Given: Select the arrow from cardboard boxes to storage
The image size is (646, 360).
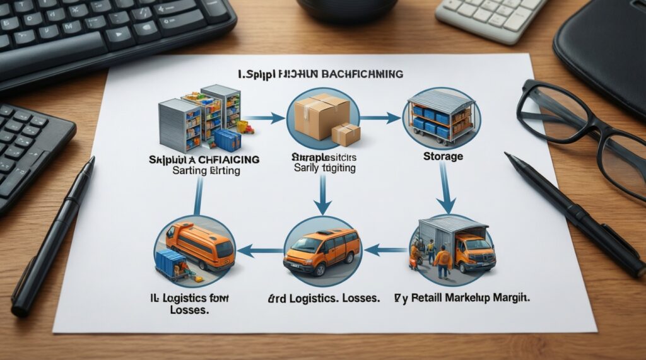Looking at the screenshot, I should click(381, 117).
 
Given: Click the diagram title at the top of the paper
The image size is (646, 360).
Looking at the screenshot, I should click(320, 74).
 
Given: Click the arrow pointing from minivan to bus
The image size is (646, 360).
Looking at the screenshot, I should click(260, 250).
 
